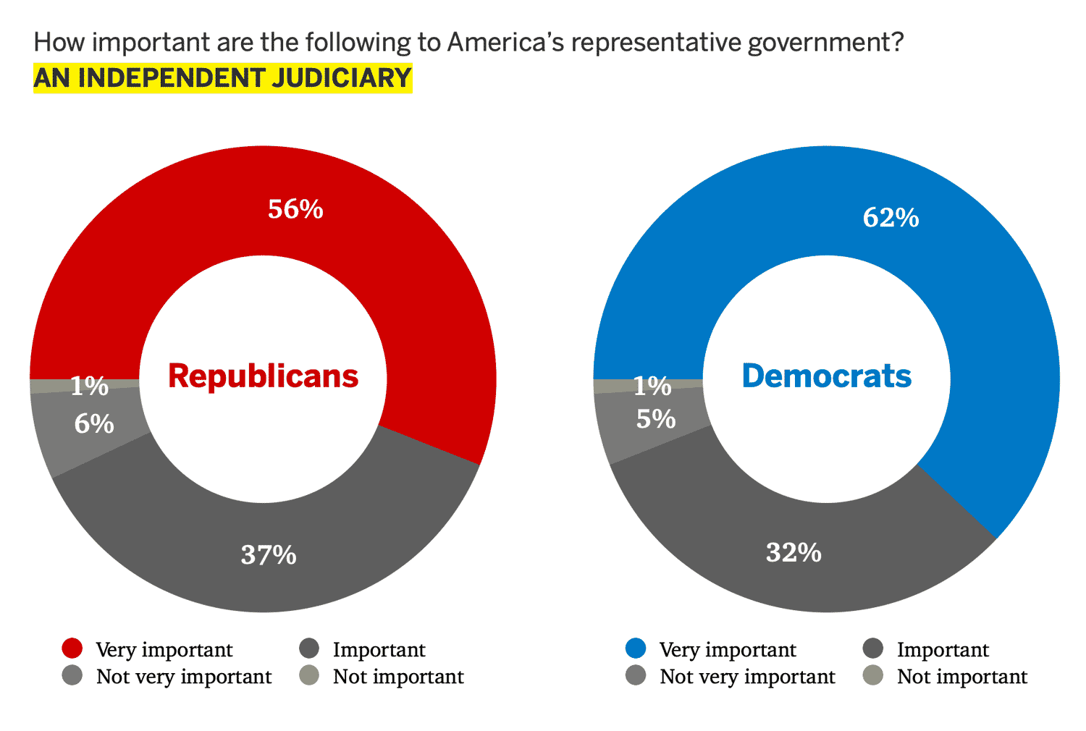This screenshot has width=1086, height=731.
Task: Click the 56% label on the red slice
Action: tap(295, 209)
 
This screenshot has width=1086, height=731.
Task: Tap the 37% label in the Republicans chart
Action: tap(269, 555)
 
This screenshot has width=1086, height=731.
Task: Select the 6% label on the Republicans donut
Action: tap(94, 423)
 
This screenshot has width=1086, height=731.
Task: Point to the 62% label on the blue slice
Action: tap(891, 218)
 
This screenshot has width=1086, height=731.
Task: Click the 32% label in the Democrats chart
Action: tap(794, 553)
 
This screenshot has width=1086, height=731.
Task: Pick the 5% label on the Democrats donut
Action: tap(656, 419)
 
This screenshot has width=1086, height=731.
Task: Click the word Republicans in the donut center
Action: tap(263, 376)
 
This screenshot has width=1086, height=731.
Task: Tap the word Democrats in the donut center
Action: tap(826, 376)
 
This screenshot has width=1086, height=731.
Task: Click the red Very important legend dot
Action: tap(72, 648)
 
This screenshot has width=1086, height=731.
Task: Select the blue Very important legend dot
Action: tap(636, 648)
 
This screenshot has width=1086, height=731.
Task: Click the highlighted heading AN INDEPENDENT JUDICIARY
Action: tap(223, 78)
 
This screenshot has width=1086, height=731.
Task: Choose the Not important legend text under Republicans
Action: tap(397, 677)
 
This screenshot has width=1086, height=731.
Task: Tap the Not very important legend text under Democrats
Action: tap(747, 677)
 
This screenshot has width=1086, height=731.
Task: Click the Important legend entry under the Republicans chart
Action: tap(379, 650)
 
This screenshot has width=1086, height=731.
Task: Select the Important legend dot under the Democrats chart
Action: tap(873, 648)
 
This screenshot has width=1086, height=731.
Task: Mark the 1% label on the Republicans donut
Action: tap(89, 386)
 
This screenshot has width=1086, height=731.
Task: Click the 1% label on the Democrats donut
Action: tap(652, 386)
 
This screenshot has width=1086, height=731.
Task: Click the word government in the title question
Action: tap(825, 42)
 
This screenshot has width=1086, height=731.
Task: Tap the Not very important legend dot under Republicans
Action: tap(72, 675)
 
